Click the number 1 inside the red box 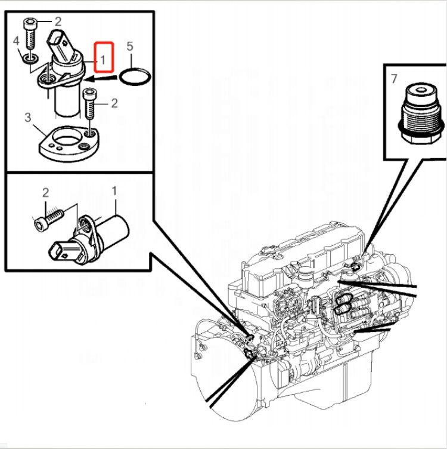103,59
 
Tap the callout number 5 131,46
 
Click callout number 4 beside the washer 17,42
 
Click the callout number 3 27,117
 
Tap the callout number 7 394,78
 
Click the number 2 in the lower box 45,192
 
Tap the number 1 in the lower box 114,191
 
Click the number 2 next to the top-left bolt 58,21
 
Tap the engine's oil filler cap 307,276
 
